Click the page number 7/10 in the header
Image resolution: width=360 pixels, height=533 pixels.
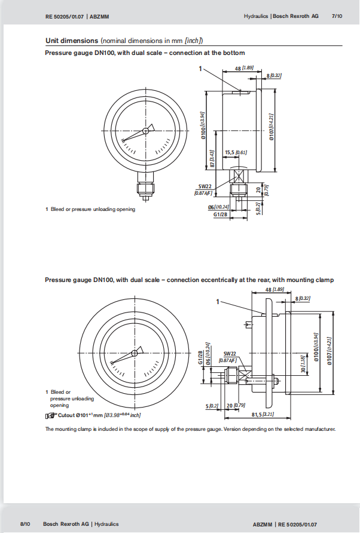(337, 17)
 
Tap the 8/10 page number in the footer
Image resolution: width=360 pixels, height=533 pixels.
(25, 524)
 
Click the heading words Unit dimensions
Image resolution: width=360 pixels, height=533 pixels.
(72, 41)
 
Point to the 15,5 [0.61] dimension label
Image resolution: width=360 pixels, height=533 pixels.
(236, 152)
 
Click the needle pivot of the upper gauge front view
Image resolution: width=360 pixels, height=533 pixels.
(145, 130)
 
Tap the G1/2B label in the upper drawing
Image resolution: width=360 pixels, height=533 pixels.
(221, 214)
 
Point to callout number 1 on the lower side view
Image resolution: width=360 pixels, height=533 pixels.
(219, 301)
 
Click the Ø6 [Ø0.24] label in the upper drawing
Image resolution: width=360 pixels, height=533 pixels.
(219, 207)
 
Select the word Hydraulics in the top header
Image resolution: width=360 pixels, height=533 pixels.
(256, 17)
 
